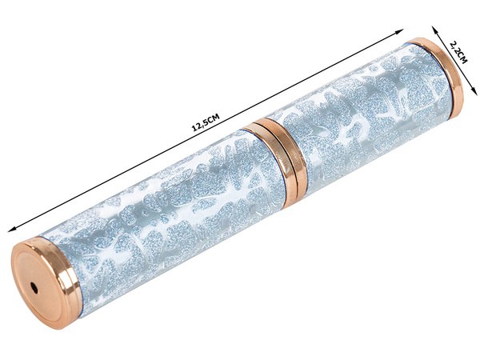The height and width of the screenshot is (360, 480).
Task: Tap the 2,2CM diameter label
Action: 458,55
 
